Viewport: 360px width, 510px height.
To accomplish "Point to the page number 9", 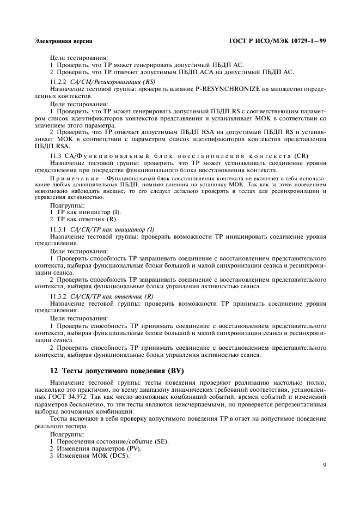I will (323, 465).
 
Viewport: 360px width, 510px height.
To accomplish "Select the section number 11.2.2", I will (59, 81).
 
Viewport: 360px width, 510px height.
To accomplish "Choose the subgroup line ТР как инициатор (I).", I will (88, 211).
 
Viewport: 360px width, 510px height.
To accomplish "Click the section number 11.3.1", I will (59, 229).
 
